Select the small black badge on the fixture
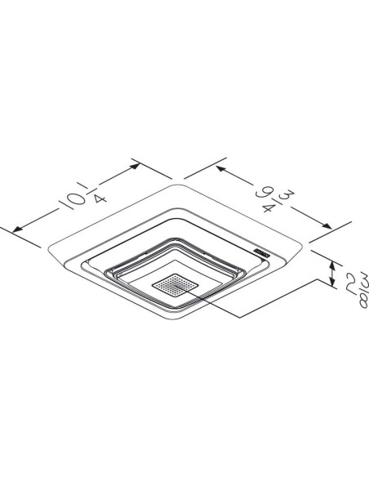tap(262, 254)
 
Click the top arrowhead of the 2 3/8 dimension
tap(332, 263)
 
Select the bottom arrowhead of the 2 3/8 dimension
tap(332, 287)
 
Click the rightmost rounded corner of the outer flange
tap(305, 243)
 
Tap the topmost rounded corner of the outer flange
tap(176, 185)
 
